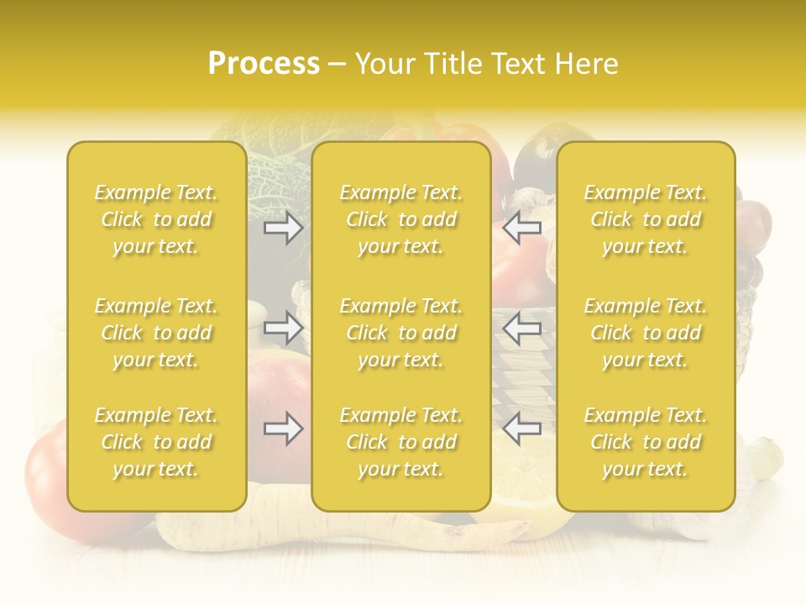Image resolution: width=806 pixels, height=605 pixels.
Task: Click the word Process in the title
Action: pos(264,64)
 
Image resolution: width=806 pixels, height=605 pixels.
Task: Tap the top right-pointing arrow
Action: pos(284,227)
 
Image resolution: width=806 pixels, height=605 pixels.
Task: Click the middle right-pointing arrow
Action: pos(284,328)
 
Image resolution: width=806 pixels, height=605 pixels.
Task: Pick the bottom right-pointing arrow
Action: pos(284,429)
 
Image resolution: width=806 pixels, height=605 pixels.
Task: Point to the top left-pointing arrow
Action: pos(522,227)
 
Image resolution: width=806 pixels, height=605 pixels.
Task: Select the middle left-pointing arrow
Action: pos(522,328)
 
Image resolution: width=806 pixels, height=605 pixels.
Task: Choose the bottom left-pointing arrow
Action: pos(522,429)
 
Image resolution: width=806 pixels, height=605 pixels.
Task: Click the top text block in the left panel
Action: pos(156,219)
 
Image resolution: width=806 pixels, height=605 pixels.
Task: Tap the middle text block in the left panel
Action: pos(156,333)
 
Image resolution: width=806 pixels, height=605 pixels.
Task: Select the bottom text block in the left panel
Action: pos(156,442)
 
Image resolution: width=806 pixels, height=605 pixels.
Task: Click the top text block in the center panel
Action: pos(401,219)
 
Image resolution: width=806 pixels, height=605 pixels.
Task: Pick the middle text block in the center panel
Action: pos(401,333)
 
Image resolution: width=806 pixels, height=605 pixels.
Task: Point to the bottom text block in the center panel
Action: pos(401,442)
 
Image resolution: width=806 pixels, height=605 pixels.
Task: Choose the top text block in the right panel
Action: pos(646,219)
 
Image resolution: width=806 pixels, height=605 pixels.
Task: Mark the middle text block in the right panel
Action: pos(646,333)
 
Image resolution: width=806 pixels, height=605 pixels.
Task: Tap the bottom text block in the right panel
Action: pos(646,442)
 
